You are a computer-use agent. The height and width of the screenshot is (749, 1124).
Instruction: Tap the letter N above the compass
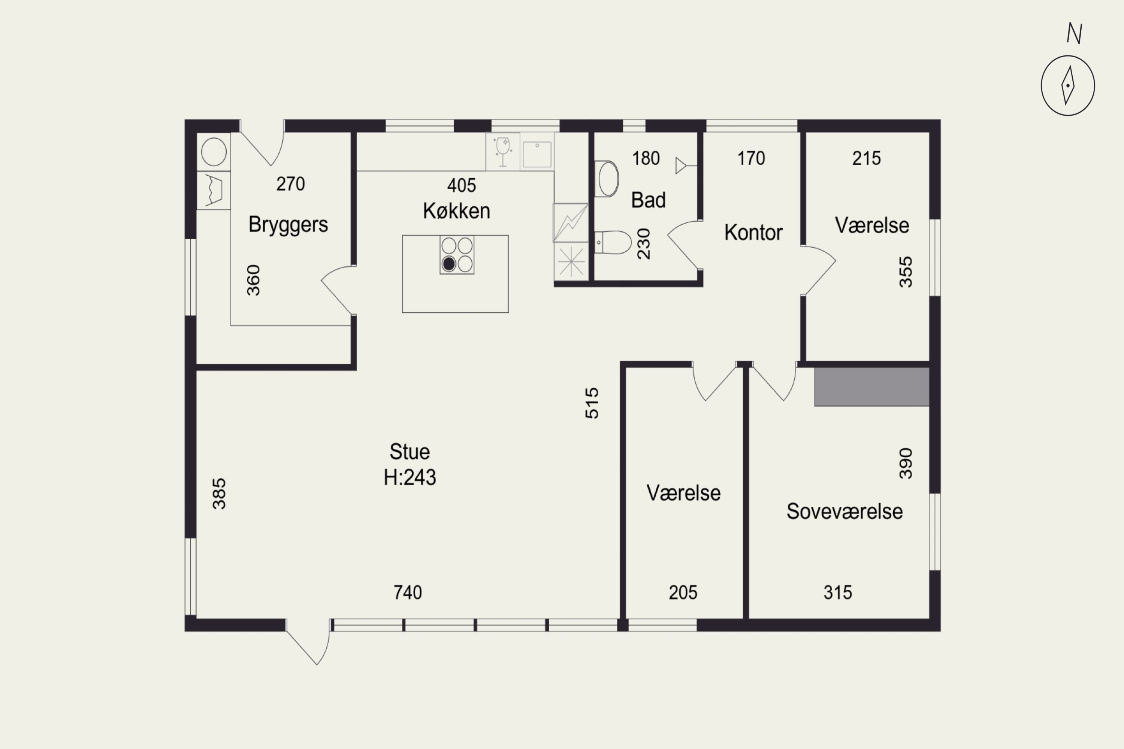1074,33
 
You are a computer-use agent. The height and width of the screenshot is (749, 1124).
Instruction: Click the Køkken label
456,210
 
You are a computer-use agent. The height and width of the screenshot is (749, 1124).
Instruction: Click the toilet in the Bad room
613,243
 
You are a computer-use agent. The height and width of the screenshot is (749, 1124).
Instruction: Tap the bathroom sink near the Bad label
607,179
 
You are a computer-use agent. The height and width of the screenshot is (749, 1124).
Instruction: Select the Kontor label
753,233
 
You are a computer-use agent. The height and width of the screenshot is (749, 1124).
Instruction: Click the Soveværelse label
844,512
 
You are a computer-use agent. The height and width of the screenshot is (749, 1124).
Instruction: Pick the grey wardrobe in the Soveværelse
872,387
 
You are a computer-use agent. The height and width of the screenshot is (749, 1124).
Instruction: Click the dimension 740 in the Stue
408,592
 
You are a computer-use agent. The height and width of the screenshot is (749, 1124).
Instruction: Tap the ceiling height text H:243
410,477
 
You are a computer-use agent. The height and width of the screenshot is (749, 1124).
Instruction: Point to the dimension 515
592,403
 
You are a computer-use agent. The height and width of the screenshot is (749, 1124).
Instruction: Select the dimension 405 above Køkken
462,185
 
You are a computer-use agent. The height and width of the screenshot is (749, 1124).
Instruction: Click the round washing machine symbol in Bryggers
214,152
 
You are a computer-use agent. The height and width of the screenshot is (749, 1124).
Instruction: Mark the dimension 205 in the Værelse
683,592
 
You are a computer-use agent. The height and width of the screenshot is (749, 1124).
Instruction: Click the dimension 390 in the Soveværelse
906,463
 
